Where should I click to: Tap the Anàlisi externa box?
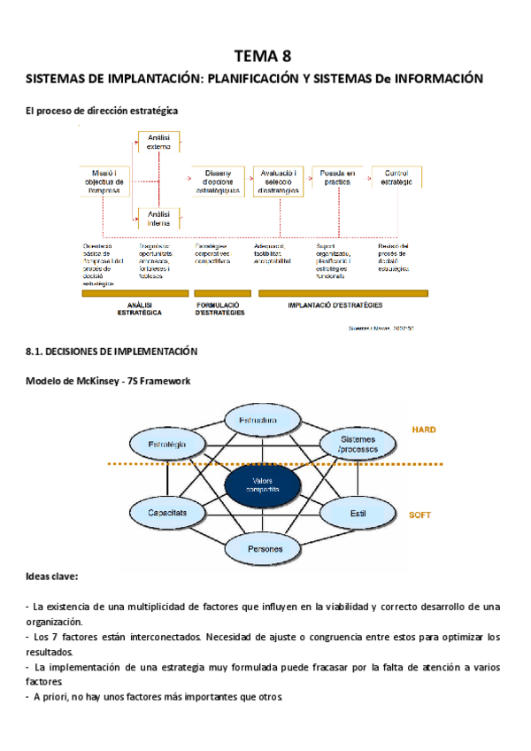[x=159, y=141]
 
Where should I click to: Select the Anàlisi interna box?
[x=159, y=218]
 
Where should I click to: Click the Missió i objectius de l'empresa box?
[x=104, y=178]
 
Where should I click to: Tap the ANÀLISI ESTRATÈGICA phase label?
[x=135, y=308]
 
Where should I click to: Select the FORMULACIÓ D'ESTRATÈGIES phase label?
[x=219, y=308]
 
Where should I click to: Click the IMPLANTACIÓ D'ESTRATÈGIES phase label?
[x=335, y=305]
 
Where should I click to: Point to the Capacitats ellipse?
[x=166, y=512]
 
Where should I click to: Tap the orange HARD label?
[x=423, y=430]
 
